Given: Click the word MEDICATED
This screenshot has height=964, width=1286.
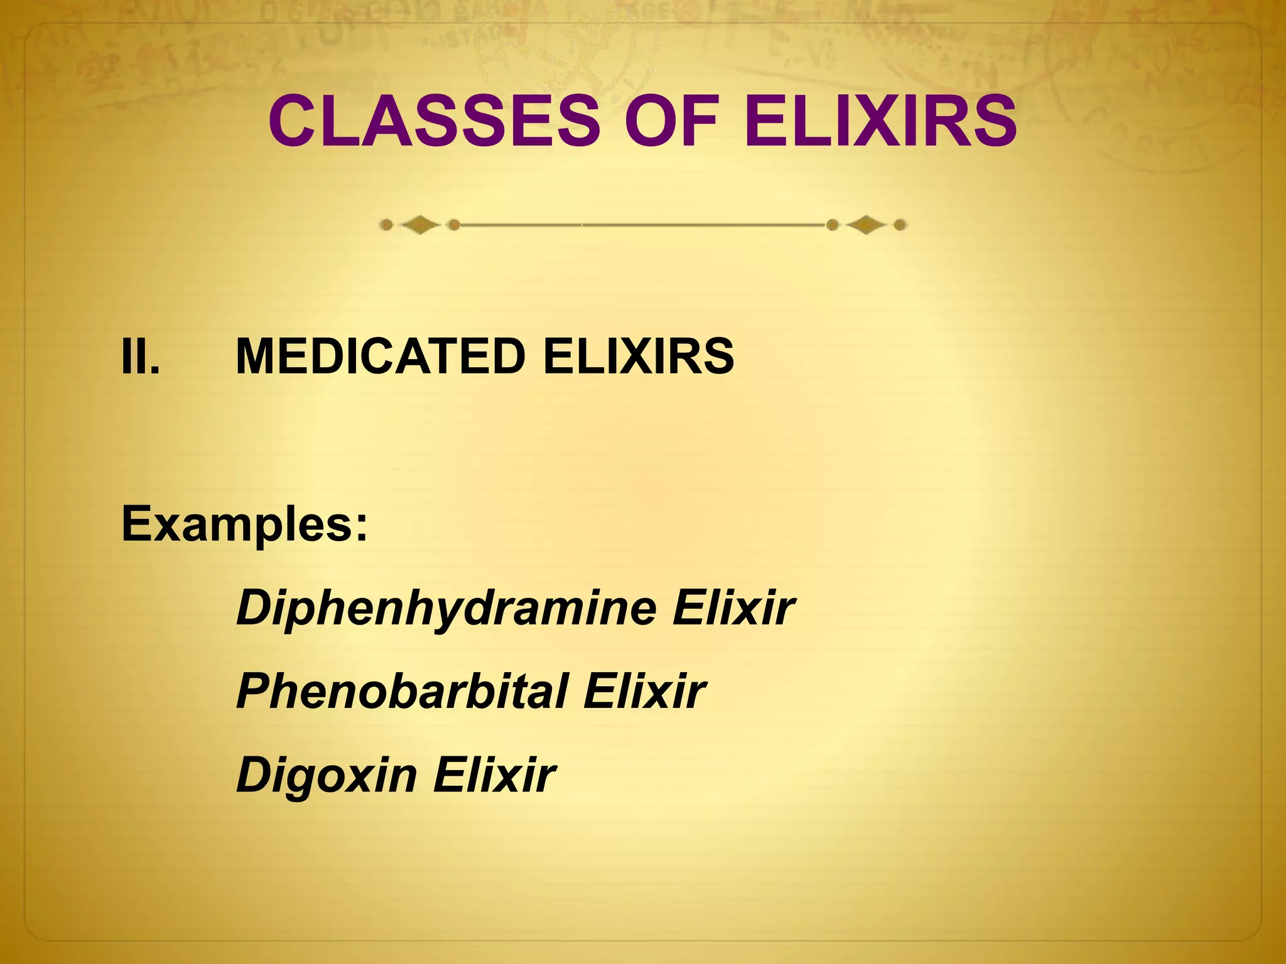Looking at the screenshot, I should pos(380,356).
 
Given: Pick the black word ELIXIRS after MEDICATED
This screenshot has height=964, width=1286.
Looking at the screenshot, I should pos(638,356).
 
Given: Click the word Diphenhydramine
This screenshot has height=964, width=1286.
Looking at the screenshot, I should pos(446,609).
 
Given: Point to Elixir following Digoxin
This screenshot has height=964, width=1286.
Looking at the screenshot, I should pos(494,776).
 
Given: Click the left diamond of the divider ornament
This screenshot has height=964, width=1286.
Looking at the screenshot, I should pos(420,225).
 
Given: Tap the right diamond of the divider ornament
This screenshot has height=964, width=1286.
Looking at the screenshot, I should pos(866,225).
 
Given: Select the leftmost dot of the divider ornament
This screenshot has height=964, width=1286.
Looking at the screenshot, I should pos(387,225).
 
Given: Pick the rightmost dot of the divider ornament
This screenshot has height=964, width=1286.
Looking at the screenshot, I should pos(900,225).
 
